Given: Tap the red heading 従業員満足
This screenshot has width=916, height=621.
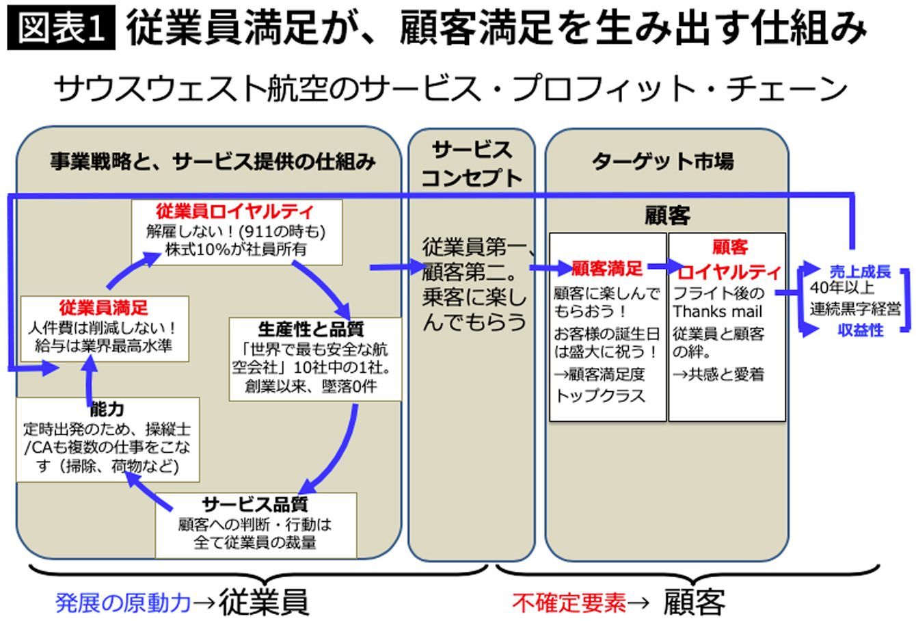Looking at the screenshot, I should pyautogui.click(x=103, y=307).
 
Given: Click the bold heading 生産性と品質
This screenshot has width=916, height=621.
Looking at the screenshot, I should pyautogui.click(x=311, y=329).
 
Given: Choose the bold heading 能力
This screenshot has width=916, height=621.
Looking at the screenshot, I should pyautogui.click(x=107, y=409).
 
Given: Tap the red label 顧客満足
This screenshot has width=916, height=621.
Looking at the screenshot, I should pyautogui.click(x=607, y=269).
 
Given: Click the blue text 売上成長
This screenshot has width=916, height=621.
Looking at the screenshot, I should pyautogui.click(x=860, y=272).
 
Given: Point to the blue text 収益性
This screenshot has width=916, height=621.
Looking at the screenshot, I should pyautogui.click(x=861, y=330).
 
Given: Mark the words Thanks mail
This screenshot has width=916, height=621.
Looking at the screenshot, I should pyautogui.click(x=717, y=313).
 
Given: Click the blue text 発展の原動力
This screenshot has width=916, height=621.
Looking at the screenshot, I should pyautogui.click(x=122, y=603).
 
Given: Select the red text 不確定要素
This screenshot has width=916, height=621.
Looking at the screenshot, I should pyautogui.click(x=569, y=603).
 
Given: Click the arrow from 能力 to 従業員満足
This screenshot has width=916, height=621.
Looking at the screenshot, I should pyautogui.click(x=90, y=380).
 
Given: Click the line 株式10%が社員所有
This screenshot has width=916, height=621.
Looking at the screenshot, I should pyautogui.click(x=236, y=249).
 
